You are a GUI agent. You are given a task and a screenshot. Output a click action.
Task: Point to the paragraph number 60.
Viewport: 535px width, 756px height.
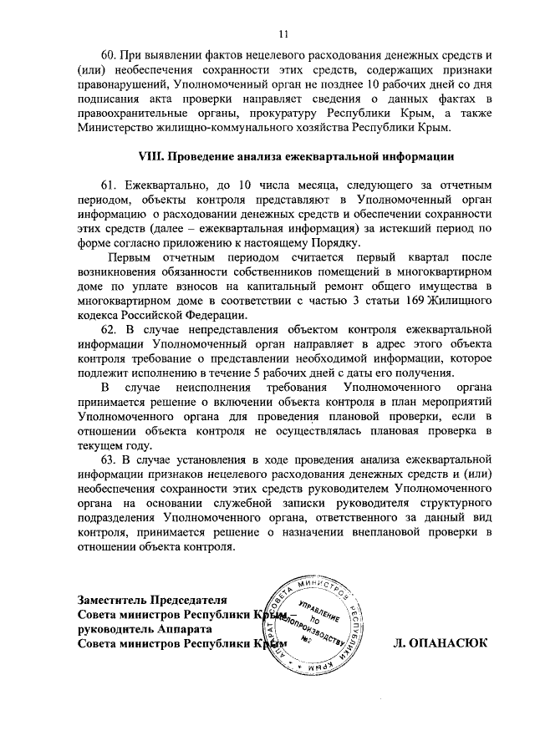110,54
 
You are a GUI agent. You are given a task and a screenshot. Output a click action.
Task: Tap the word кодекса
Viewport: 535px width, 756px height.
100,317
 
